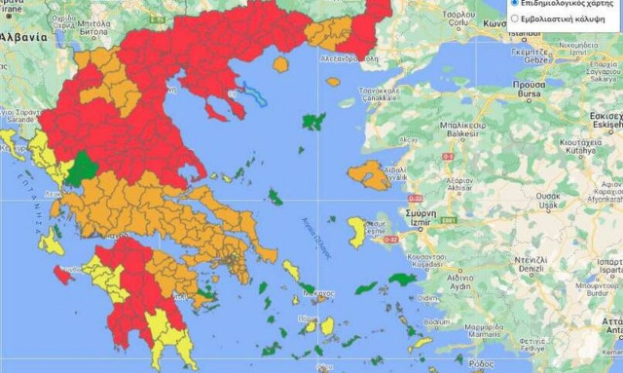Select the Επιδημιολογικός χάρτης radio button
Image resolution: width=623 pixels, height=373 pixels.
[514, 3]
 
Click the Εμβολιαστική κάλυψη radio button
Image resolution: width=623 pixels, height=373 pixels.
[514, 18]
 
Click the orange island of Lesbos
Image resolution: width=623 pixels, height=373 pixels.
[367, 176]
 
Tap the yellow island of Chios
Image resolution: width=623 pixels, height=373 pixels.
[357, 231]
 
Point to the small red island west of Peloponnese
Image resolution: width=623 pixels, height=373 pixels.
[62, 276]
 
